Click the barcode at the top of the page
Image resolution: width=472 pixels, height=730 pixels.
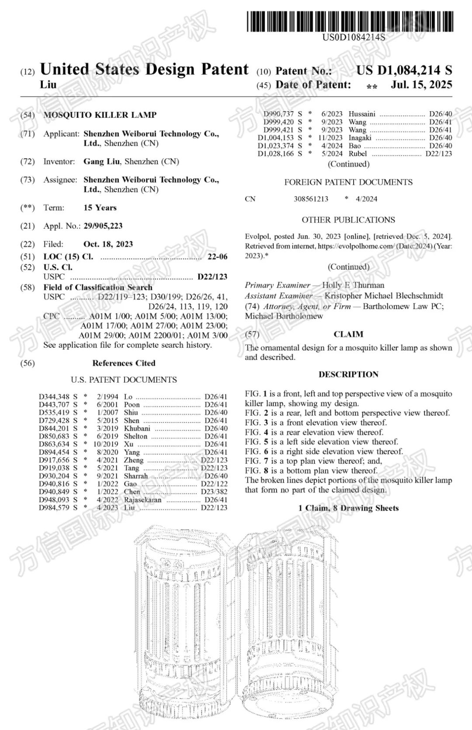tap(350, 21)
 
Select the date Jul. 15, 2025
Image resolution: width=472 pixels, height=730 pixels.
tap(421, 84)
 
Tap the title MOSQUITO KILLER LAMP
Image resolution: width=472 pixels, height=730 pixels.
tap(100, 115)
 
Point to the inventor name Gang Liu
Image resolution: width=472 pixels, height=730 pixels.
tap(101, 161)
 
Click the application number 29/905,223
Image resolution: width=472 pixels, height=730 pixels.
tap(103, 226)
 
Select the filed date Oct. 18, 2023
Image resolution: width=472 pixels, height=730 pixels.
tap(108, 244)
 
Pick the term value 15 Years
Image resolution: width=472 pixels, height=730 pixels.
tap(100, 208)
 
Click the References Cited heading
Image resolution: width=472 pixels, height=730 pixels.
tap(124, 363)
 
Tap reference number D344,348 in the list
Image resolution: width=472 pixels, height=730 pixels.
tap(54, 397)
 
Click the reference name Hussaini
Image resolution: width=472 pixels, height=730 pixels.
tap(362, 114)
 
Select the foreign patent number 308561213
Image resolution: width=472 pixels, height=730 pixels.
tap(311, 199)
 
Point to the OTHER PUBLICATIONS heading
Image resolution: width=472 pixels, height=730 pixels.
tap(348, 220)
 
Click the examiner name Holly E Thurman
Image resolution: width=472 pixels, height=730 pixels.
tap(353, 285)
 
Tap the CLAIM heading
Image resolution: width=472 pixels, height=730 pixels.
tap(348, 334)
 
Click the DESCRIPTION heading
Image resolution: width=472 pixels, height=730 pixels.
tap(348, 375)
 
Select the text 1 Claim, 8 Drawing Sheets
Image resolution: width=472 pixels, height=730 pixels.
tap(348, 508)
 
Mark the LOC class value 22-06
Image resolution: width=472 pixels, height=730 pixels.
tap(217, 257)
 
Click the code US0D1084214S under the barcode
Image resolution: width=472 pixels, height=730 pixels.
tap(354, 38)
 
